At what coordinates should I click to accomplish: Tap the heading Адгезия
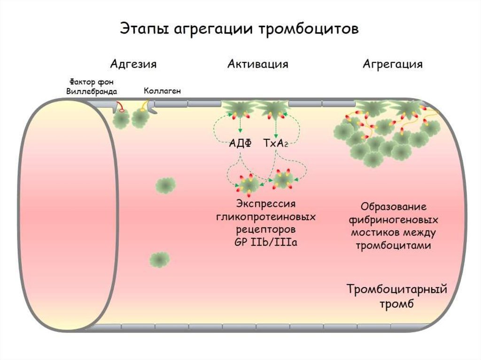point(133,64)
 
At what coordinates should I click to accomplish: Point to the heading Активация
point(258,64)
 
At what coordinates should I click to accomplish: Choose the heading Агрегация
point(392,64)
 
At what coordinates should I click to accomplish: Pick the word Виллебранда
point(93,91)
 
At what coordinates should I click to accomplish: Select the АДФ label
point(240,144)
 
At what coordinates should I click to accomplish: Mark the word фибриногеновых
point(394,220)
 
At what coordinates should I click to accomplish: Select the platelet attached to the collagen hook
point(140,118)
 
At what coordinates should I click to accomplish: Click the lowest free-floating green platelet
point(160,259)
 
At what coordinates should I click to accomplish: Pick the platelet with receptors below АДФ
point(247,184)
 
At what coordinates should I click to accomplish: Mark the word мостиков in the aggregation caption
point(373,232)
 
